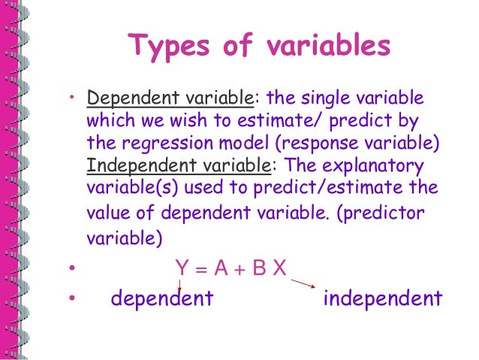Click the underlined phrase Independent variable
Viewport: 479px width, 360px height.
(175, 165)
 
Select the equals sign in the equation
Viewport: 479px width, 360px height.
(199, 268)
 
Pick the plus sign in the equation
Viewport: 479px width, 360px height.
(238, 268)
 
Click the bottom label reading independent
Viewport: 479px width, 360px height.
(382, 299)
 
